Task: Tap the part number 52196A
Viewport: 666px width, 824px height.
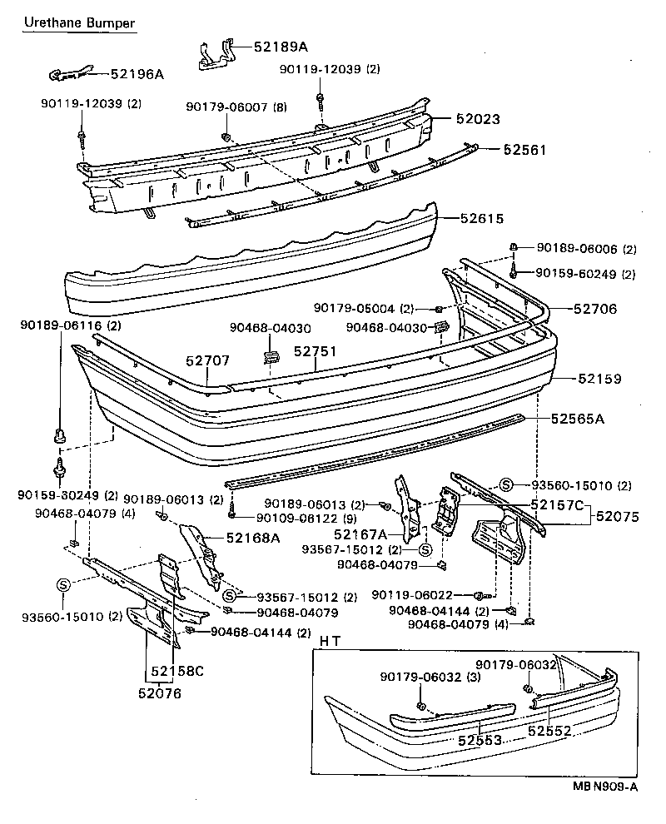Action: pyautogui.click(x=137, y=74)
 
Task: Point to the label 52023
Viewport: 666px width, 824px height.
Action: pyautogui.click(x=478, y=119)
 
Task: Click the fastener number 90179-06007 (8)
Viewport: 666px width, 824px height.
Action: pyautogui.click(x=236, y=107)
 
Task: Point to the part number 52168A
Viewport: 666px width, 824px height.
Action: pyautogui.click(x=252, y=538)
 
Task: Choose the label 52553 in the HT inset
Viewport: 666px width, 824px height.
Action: pyautogui.click(x=480, y=739)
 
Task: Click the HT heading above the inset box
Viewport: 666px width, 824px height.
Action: pyautogui.click(x=330, y=640)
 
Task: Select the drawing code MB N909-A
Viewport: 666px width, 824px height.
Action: pyautogui.click(x=605, y=785)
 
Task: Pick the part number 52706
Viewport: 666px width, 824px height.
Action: pyautogui.click(x=594, y=308)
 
